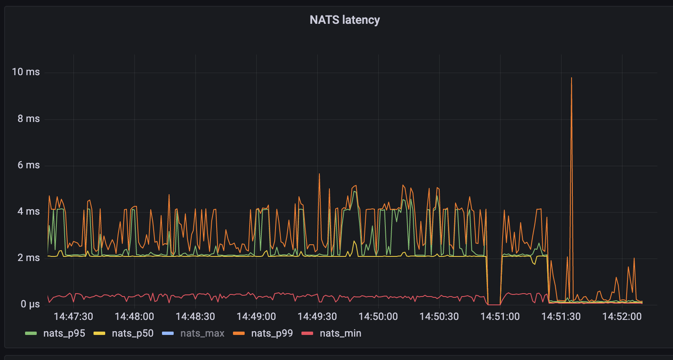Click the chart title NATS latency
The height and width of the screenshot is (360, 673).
point(344,20)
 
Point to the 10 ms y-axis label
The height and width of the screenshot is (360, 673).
point(26,72)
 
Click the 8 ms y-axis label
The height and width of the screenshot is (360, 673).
point(28,119)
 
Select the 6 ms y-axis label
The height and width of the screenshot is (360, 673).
point(28,165)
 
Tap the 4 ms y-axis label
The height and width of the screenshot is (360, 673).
point(28,211)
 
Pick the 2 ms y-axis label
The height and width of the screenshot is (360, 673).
point(28,258)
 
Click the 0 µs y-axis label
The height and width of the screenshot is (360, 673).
point(30,304)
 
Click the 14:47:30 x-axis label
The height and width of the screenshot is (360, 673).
point(73,317)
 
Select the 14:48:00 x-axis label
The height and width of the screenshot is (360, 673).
point(134,317)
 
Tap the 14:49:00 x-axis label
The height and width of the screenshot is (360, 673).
point(256,317)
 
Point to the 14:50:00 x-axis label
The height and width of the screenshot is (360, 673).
point(378,317)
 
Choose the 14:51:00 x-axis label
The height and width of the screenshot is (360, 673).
point(500,317)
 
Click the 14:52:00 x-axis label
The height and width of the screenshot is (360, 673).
point(622,317)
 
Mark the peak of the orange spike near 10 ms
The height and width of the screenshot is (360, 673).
point(572,78)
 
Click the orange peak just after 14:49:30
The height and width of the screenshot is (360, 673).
point(319,174)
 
